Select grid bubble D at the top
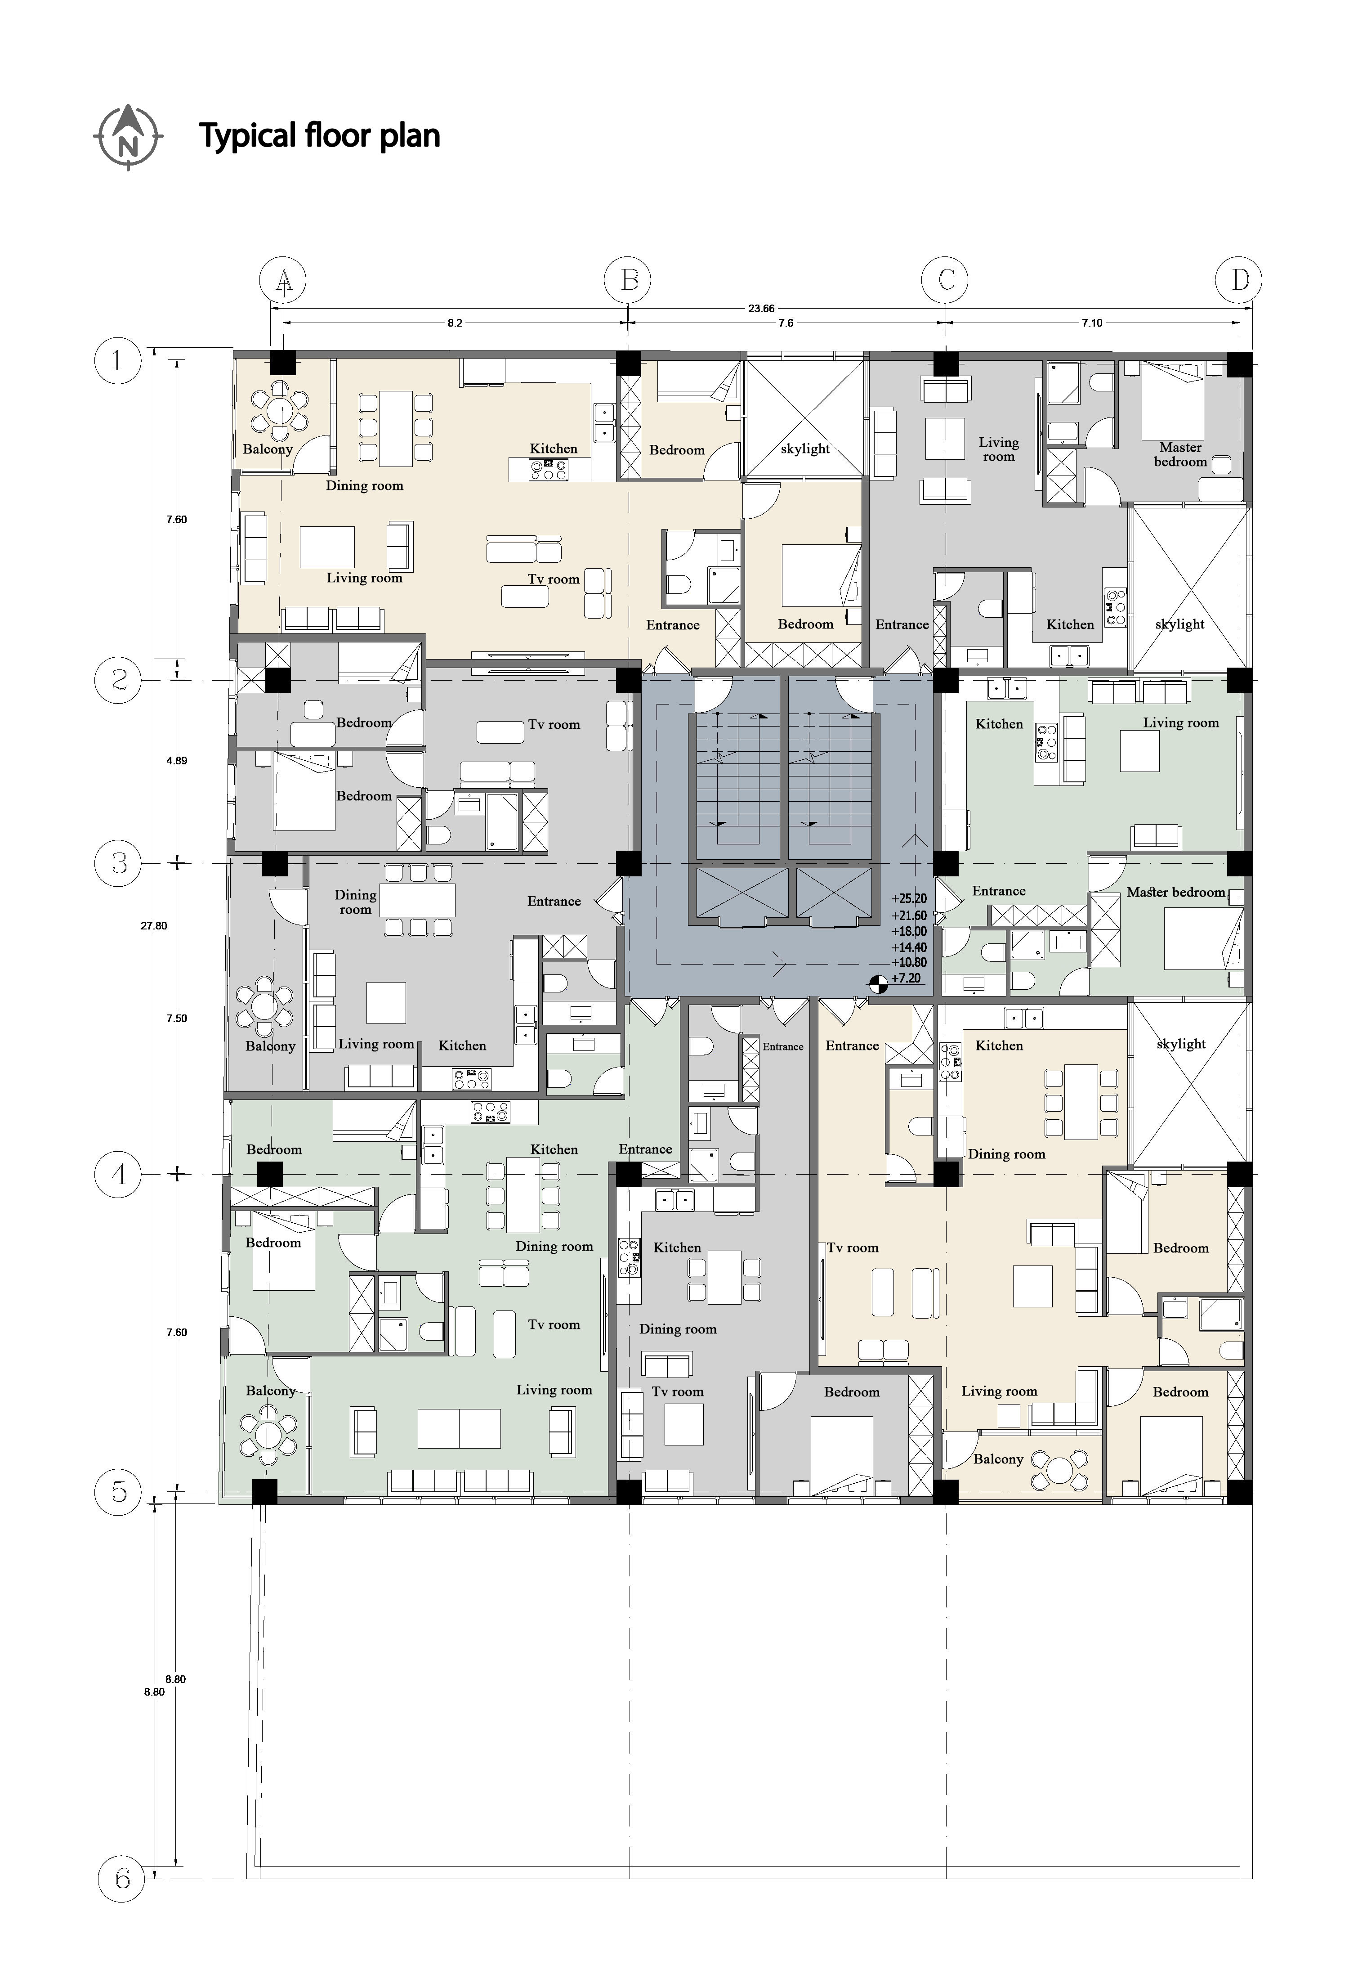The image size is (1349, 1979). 1240,279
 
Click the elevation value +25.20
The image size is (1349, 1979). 909,898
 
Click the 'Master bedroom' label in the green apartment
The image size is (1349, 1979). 1175,893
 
